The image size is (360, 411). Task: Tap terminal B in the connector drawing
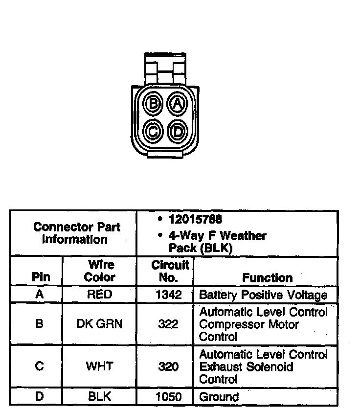pyautogui.click(x=154, y=103)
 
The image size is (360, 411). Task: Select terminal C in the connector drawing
pyautogui.click(x=154, y=131)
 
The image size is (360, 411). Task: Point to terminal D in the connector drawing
pyautogui.click(x=178, y=131)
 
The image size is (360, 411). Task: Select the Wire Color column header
pyautogui.click(x=100, y=271)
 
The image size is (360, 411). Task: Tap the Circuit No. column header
pyautogui.click(x=170, y=271)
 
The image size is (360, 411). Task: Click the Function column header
pyautogui.click(x=267, y=277)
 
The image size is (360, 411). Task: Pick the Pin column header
pyautogui.click(x=41, y=277)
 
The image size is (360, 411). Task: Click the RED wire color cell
pyautogui.click(x=100, y=295)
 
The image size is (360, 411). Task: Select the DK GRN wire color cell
pyautogui.click(x=100, y=324)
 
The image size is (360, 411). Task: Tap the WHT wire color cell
pyautogui.click(x=100, y=366)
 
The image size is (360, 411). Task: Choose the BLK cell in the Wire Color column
pyautogui.click(x=100, y=396)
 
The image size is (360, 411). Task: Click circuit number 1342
pyautogui.click(x=169, y=295)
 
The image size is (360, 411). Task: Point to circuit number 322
pyautogui.click(x=169, y=324)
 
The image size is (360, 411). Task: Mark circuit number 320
pyautogui.click(x=169, y=366)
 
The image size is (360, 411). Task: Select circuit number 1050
pyautogui.click(x=169, y=396)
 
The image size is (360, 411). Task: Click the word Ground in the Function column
pyautogui.click(x=219, y=397)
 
